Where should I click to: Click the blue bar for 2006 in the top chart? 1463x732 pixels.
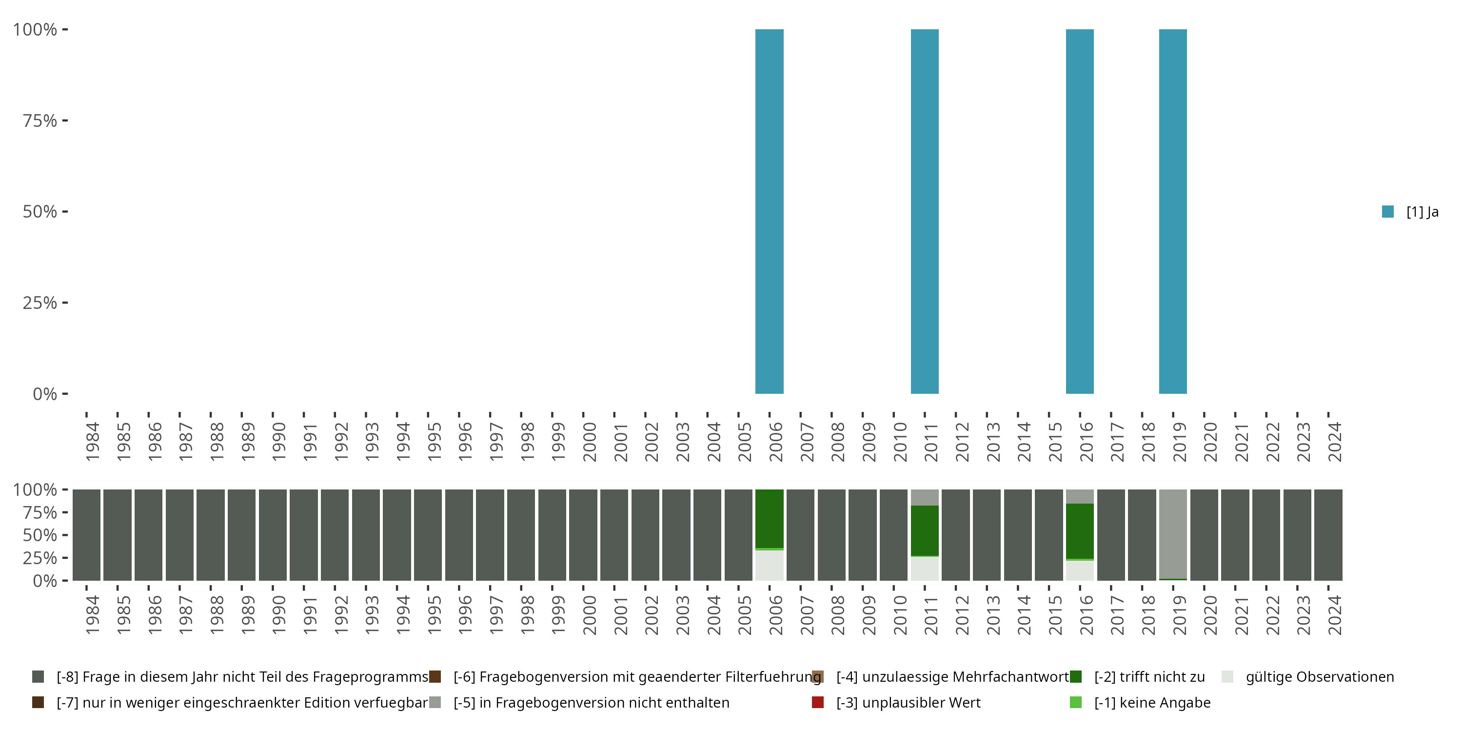click(x=769, y=211)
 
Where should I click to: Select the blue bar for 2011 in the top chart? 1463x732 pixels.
click(x=925, y=211)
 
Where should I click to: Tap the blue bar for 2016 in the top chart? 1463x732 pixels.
click(x=1080, y=211)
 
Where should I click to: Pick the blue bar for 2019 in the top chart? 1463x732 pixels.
click(x=1173, y=211)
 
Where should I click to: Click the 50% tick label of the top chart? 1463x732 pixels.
click(x=40, y=211)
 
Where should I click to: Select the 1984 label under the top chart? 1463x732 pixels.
click(x=92, y=442)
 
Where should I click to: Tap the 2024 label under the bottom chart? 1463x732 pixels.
click(x=1335, y=615)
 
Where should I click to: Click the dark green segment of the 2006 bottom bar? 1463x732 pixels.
click(x=769, y=518)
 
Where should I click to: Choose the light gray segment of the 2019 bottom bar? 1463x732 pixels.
click(x=1173, y=533)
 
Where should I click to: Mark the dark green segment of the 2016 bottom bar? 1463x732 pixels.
click(x=1080, y=531)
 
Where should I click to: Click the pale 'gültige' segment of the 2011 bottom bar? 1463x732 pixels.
click(x=925, y=569)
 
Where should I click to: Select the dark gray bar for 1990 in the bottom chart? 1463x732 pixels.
click(x=273, y=535)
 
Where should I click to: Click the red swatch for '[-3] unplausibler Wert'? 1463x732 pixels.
click(x=818, y=702)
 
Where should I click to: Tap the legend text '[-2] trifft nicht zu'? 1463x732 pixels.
click(x=1149, y=677)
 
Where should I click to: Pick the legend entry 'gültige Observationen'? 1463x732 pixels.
click(x=1319, y=677)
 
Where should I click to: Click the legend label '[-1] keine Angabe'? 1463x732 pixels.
click(x=1152, y=702)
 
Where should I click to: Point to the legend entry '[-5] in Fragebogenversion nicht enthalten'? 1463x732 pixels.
click(x=591, y=702)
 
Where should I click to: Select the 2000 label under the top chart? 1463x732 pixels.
click(x=589, y=442)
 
